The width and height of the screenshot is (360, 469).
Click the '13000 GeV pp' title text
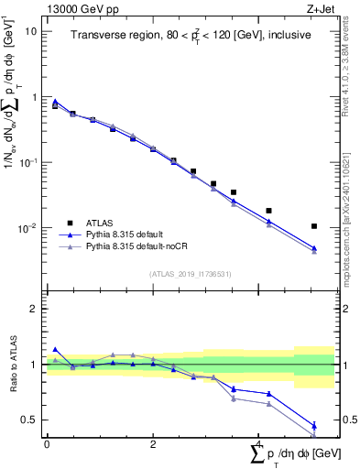point(80,8)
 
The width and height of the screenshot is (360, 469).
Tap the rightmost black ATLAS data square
point(314,225)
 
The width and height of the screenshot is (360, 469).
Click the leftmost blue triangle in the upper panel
point(55,102)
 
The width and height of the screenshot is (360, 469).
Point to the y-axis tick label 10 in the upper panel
point(31,30)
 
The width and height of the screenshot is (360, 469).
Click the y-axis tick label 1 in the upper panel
point(35,96)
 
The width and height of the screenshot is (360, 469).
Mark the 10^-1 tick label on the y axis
point(29,162)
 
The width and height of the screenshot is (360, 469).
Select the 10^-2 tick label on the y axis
point(29,228)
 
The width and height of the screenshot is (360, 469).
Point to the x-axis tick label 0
point(47,442)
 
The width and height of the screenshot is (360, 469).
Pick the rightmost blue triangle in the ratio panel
point(314,425)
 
